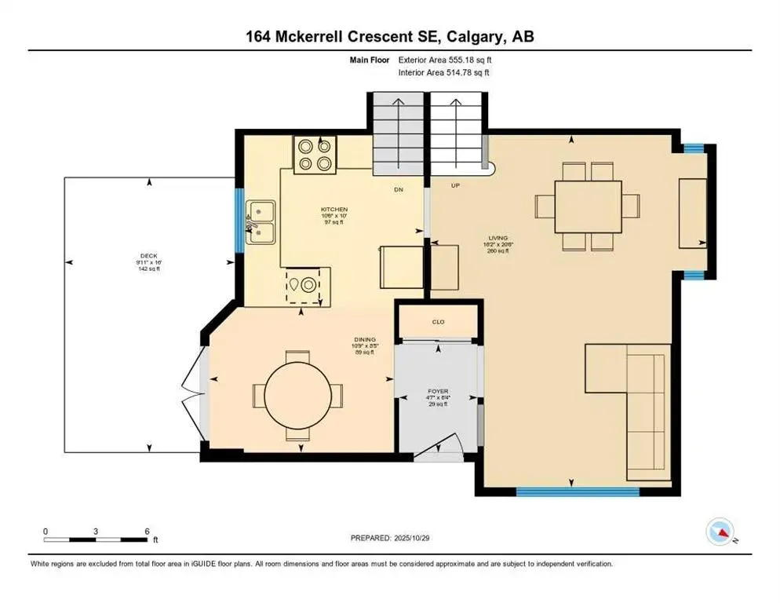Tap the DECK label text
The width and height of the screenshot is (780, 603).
point(149,256)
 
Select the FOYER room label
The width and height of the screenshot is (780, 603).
point(437,389)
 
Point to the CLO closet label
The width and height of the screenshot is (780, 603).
point(438,322)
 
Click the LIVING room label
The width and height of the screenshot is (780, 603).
point(498,238)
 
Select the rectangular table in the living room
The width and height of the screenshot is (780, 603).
point(588,206)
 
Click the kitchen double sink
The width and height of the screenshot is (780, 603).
point(261,222)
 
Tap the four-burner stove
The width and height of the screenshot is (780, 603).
point(315,155)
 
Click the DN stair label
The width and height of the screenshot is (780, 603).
point(399,190)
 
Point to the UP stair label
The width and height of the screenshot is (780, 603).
point(454,186)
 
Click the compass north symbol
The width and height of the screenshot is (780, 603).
point(720,532)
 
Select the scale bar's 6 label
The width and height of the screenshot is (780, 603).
point(147,531)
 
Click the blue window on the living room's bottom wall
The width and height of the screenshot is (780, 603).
point(578,492)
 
